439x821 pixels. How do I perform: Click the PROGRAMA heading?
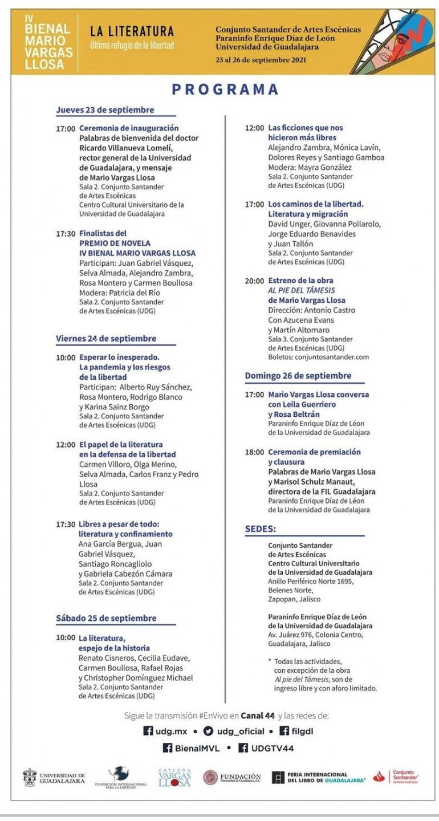click(x=225, y=90)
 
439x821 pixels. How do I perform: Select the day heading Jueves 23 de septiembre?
click(x=105, y=110)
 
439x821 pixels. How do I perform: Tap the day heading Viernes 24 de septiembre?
click(x=105, y=338)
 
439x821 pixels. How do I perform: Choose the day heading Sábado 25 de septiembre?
click(x=105, y=618)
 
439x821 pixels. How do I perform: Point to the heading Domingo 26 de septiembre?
click(x=298, y=376)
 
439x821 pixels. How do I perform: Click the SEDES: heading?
click(x=261, y=529)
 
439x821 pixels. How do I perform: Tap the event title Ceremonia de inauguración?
click(x=129, y=128)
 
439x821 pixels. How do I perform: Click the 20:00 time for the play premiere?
click(x=254, y=281)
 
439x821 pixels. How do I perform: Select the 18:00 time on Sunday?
click(x=254, y=452)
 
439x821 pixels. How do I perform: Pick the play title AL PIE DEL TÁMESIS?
click(x=302, y=290)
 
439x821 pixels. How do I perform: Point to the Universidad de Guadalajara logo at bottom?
click(x=54, y=778)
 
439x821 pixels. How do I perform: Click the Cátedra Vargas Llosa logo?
click(x=174, y=778)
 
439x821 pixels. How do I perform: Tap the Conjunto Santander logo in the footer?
click(x=396, y=777)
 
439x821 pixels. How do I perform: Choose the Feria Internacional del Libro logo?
click(x=318, y=778)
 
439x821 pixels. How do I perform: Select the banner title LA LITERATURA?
click(x=132, y=31)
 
